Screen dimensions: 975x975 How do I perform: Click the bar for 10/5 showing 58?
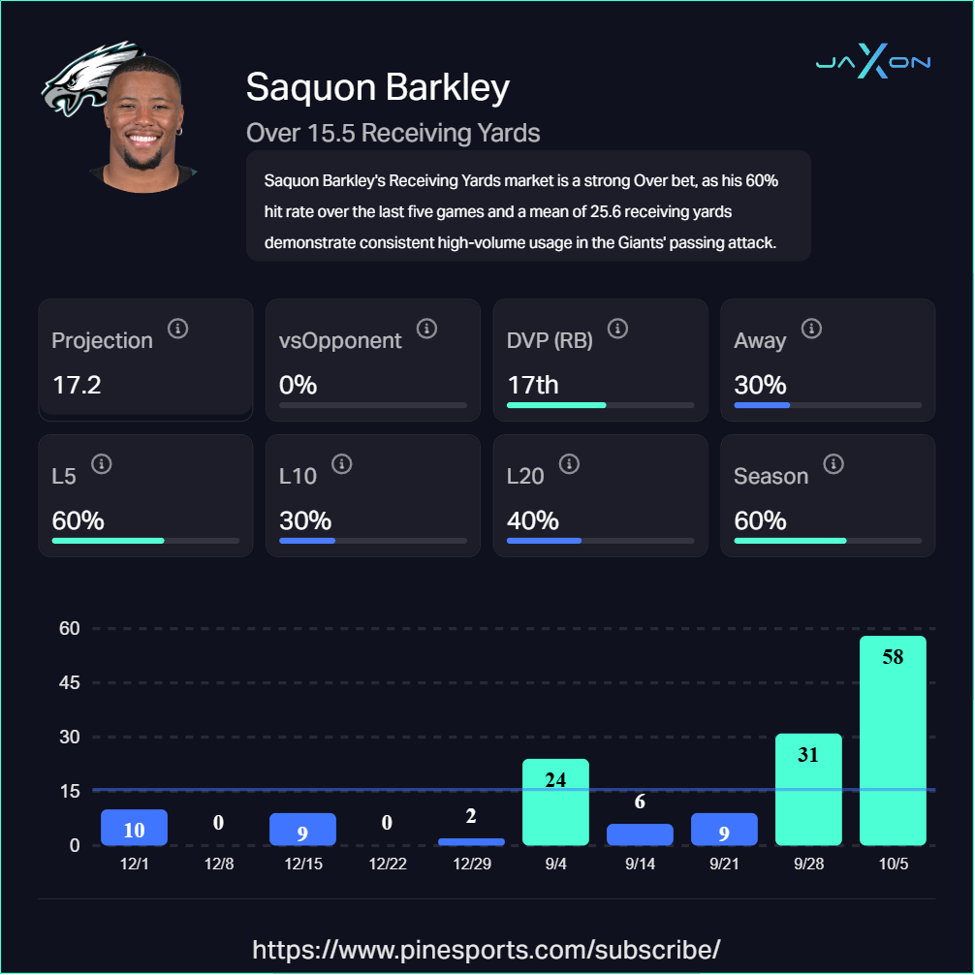click(893, 740)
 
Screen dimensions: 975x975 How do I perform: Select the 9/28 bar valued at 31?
click(808, 789)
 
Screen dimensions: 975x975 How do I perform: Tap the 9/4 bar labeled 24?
click(555, 802)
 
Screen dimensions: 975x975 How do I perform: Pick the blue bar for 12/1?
click(135, 828)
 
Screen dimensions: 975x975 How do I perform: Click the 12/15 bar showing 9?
click(302, 830)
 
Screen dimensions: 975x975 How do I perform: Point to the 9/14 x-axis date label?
click(640, 864)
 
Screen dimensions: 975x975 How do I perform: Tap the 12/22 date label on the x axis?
click(387, 864)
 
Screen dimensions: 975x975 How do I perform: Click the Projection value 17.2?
click(77, 385)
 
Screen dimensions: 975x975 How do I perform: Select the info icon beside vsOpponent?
click(426, 329)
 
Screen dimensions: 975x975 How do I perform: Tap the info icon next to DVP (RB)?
click(617, 329)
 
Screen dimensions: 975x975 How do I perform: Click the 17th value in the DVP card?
click(532, 385)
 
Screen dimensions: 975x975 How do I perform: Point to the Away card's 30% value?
click(761, 385)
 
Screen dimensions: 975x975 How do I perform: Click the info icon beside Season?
click(833, 464)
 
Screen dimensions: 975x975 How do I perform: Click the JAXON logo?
click(872, 62)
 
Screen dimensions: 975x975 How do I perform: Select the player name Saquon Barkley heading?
click(377, 87)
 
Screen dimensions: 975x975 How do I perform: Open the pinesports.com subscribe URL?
click(487, 949)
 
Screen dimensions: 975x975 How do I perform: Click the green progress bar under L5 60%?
click(108, 540)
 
